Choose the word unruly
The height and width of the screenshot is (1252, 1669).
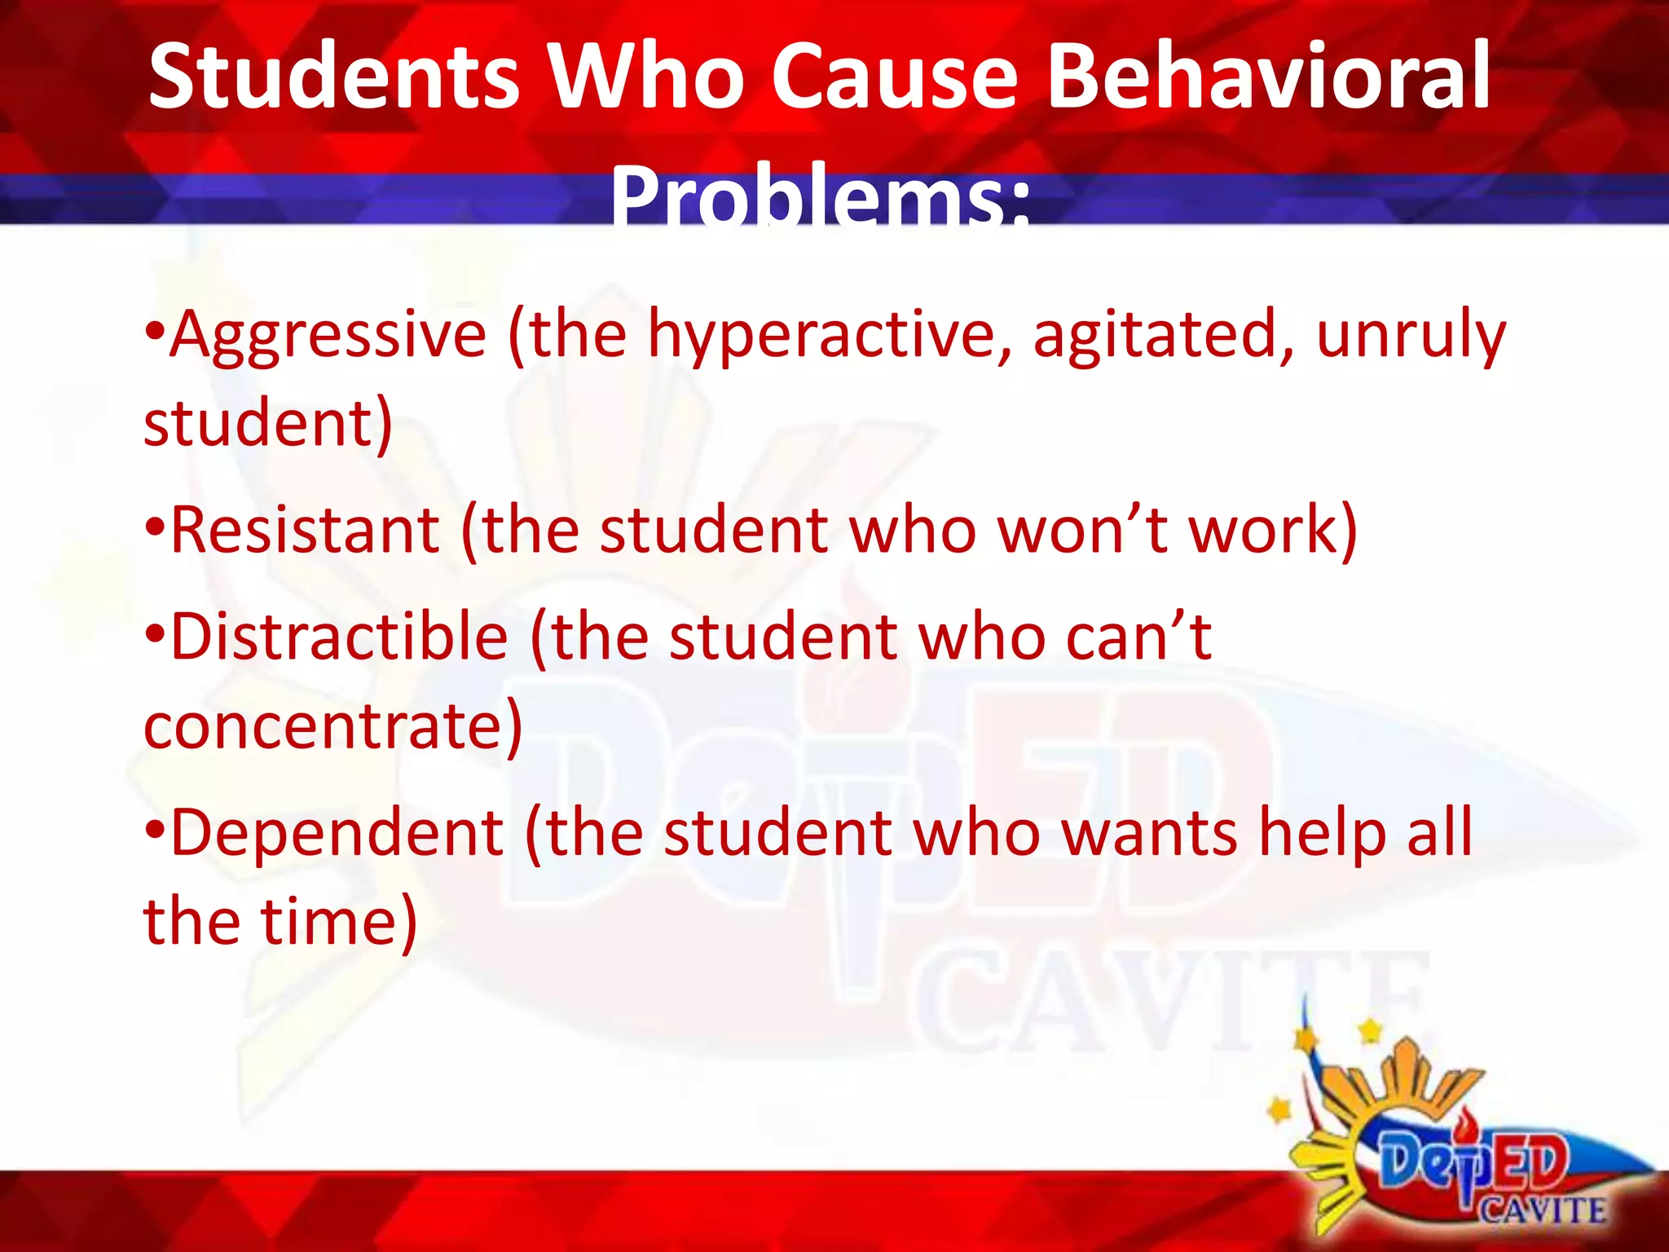pyautogui.click(x=1411, y=336)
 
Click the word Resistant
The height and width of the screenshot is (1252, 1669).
pyautogui.click(x=305, y=531)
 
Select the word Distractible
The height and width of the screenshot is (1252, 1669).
pyautogui.click(x=339, y=637)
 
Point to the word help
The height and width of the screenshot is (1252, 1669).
pyautogui.click(x=1321, y=833)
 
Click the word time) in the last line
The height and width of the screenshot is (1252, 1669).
pyautogui.click(x=339, y=922)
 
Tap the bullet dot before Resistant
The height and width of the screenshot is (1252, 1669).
pyautogui.click(x=154, y=528)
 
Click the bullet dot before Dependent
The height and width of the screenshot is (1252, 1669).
pyautogui.click(x=154, y=831)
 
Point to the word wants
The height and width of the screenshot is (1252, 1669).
pyautogui.click(x=1150, y=833)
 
